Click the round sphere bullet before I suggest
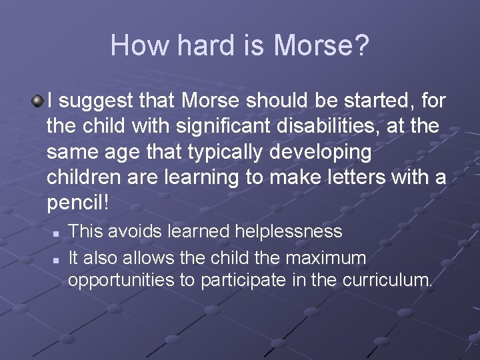pos(38,101)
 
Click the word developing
pos(327,152)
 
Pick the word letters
pos(355,177)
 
